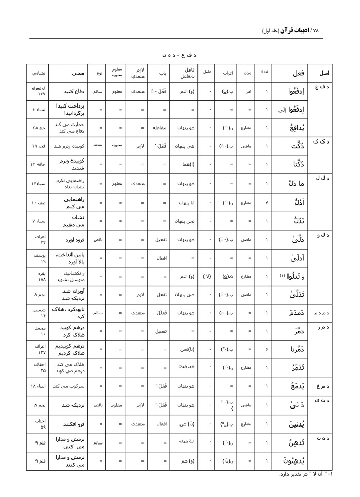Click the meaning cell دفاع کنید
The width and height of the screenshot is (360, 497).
[71, 92]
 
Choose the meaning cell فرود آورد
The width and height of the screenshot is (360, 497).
[70, 239]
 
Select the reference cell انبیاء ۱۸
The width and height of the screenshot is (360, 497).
[40, 386]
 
